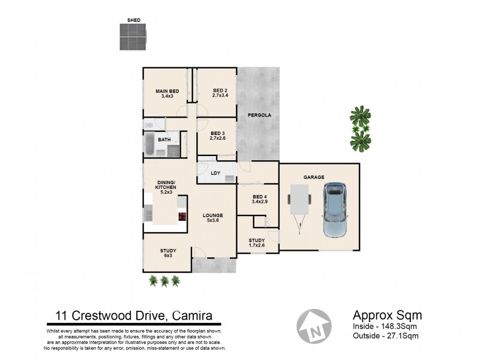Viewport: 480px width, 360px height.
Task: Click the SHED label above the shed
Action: click(x=134, y=20)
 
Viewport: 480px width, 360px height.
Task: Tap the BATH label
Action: click(x=164, y=140)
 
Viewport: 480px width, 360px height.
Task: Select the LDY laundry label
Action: click(x=216, y=173)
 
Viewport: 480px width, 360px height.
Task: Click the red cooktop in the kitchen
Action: click(x=181, y=217)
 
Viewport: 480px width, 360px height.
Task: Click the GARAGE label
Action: click(x=314, y=178)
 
